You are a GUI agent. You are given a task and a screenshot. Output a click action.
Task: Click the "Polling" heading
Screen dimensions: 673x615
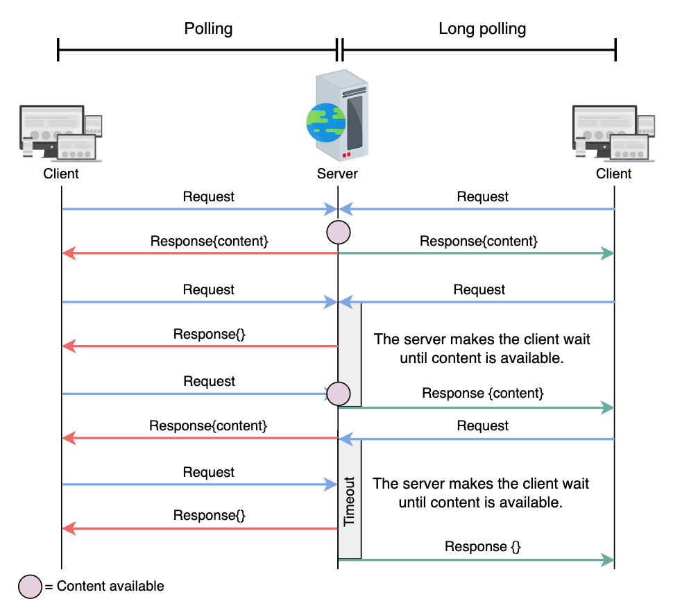[x=208, y=28]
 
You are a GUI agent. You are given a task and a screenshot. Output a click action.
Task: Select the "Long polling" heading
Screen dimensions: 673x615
[x=482, y=28]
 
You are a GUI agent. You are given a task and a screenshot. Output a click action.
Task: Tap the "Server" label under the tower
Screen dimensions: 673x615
[x=337, y=174]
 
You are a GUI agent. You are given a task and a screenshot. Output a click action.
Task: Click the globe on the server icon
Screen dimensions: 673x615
[x=326, y=122]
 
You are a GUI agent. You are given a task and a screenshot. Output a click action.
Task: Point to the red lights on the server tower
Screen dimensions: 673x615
[x=346, y=155]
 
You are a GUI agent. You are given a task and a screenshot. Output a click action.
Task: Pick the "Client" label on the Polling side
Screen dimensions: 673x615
[x=61, y=174]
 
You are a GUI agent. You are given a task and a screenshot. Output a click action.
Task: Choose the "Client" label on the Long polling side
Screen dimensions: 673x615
[x=614, y=174]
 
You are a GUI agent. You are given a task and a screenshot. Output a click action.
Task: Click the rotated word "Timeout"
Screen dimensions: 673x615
[x=350, y=501]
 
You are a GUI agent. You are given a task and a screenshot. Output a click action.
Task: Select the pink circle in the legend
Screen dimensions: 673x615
[x=30, y=587]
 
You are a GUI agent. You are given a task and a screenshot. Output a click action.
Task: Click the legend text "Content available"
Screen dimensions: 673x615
[x=110, y=587]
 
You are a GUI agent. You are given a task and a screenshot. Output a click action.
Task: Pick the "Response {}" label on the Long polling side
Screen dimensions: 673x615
[x=482, y=546]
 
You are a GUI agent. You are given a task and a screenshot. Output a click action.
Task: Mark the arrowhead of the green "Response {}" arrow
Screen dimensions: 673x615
[x=608, y=560]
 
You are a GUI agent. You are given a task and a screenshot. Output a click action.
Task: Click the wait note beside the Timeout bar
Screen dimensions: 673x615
[x=481, y=493]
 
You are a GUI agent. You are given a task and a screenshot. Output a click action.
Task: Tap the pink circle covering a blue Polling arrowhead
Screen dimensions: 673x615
[x=339, y=394]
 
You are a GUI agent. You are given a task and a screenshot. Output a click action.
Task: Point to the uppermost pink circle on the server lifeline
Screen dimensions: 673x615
[x=339, y=233]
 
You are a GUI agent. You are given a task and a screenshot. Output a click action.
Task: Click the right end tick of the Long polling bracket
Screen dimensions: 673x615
[x=615, y=49]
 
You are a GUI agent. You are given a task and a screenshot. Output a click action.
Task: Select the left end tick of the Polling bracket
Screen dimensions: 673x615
[x=58, y=49]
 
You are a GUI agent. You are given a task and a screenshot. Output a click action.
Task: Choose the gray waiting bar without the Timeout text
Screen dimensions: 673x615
[x=350, y=354]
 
